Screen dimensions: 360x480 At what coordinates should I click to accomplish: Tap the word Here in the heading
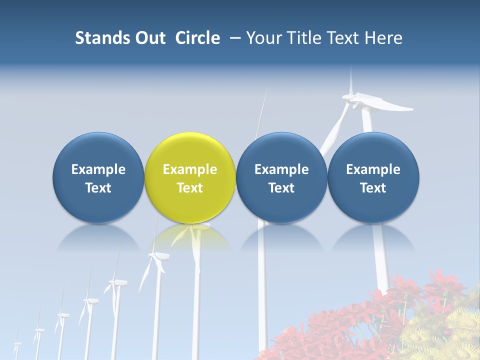(x=383, y=38)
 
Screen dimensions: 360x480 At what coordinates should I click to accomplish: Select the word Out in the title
(x=149, y=38)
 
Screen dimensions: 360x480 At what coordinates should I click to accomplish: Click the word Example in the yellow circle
(x=190, y=169)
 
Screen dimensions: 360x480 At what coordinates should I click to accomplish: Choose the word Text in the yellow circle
(x=190, y=188)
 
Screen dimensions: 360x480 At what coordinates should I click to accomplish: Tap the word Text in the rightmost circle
(x=373, y=188)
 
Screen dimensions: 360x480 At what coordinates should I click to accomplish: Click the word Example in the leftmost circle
(x=98, y=169)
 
